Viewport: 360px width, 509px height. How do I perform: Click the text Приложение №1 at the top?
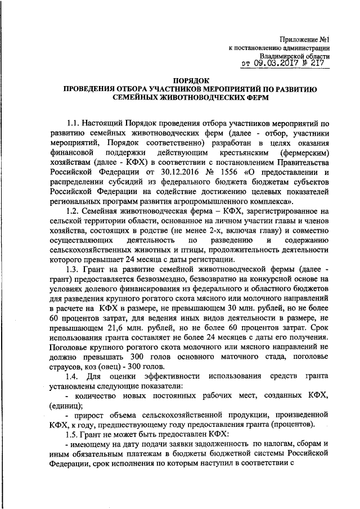pos(304,39)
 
